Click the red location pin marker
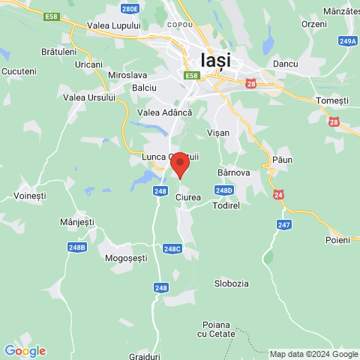click(179, 163)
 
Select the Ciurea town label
click(187, 197)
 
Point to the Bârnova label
click(233, 172)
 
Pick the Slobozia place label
click(232, 283)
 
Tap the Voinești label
click(30, 196)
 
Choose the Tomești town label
click(333, 100)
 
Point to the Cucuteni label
click(19, 70)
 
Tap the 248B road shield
click(76, 247)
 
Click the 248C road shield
click(172, 248)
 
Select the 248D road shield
click(223, 190)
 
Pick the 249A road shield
click(346, 41)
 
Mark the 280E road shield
click(130, 9)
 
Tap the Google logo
click(25, 351)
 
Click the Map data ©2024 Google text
click(313, 354)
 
